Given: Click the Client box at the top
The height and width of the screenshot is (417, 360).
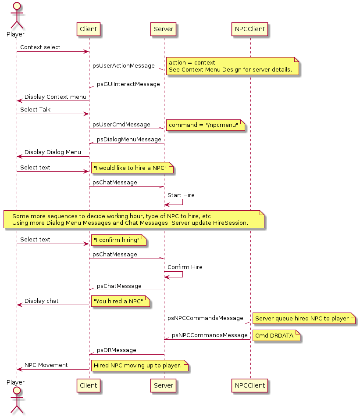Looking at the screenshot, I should tap(89, 29).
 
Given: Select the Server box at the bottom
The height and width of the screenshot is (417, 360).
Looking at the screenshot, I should tap(164, 386).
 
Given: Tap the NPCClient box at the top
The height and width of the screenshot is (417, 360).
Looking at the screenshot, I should tap(250, 29).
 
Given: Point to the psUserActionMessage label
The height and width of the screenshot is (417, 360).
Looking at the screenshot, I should tap(123, 66).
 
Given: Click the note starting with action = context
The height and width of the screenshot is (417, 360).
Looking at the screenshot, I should tap(231, 66).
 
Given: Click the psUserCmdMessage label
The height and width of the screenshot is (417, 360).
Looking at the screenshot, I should tap(121, 125).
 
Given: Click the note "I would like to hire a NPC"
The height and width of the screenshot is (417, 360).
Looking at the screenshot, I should tap(132, 168).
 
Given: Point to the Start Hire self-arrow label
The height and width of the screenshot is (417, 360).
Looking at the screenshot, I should tap(181, 195).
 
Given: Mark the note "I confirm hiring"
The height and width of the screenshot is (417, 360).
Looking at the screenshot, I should tap(118, 240).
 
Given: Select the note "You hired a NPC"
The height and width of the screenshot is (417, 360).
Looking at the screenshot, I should tap(121, 302).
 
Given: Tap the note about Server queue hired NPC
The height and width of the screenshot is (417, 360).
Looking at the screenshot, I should tap(303, 319).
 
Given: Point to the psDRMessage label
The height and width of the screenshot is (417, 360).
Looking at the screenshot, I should tap(116, 350).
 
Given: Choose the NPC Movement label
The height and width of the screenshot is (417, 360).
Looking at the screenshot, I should tap(46, 365).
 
